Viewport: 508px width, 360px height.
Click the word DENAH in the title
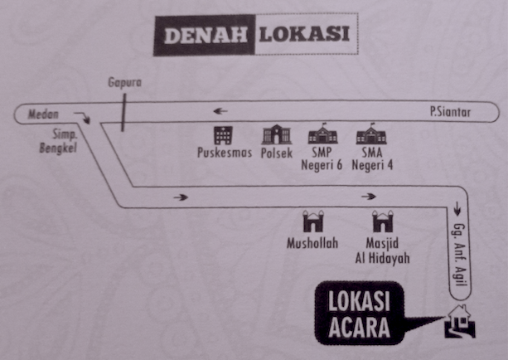coord(206,36)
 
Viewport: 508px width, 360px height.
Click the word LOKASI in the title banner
coord(304,34)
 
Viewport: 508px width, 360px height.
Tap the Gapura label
coord(125,82)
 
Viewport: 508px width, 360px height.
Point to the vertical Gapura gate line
coord(123,113)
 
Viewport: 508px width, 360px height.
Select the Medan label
coord(43,114)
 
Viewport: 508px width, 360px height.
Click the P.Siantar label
coord(450,112)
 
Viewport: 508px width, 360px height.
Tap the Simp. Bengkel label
coord(59,141)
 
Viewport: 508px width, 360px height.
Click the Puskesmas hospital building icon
coord(223,135)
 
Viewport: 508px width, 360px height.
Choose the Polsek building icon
coord(276,134)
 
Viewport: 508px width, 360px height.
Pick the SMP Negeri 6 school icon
coord(322,134)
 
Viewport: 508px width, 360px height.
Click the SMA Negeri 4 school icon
coord(371,134)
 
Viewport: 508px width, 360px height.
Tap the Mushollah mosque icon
coord(313,221)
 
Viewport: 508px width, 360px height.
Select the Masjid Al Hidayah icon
coord(383,221)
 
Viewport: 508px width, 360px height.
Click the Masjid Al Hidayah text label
coord(382,251)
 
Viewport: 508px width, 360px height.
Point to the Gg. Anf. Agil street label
coord(460,255)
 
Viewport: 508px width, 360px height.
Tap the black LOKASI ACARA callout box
coord(360,313)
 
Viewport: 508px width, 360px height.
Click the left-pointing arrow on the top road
coord(220,111)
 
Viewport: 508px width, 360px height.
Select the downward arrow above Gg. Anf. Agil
coord(457,209)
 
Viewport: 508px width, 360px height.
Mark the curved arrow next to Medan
coord(82,118)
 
